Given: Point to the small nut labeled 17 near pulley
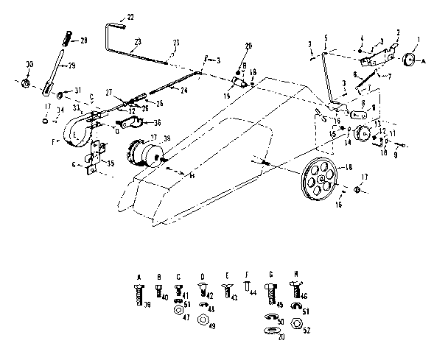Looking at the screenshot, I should tap(357, 189).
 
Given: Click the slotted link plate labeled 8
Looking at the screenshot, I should tap(359, 114).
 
